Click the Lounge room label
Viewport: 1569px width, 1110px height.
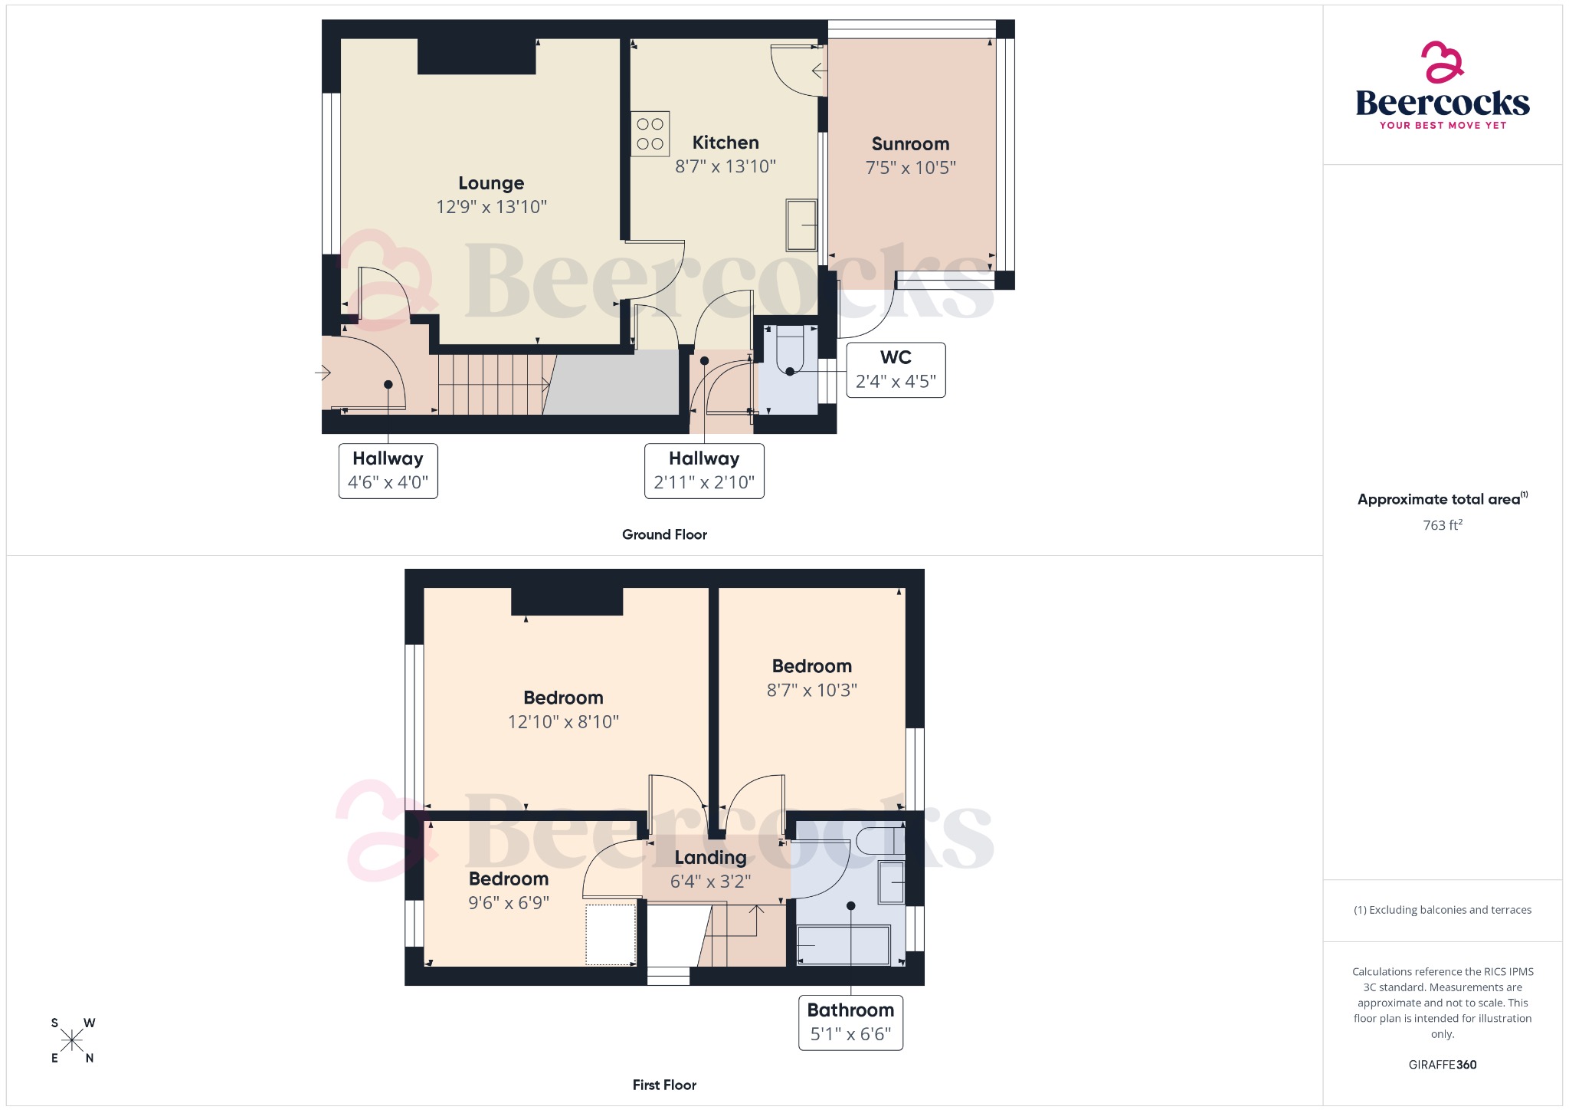(491, 183)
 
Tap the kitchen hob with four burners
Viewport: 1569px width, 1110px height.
(650, 134)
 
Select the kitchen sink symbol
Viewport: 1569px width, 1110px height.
(801, 225)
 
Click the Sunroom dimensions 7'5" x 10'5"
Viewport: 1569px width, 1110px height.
(910, 168)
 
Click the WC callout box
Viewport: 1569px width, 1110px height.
(896, 369)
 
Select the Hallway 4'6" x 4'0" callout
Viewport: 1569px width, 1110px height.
(388, 471)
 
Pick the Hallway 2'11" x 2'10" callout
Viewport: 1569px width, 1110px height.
(703, 471)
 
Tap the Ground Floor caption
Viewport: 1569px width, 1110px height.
(664, 534)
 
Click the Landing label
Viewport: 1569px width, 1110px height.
(710, 858)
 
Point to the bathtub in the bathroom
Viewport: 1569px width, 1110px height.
(843, 945)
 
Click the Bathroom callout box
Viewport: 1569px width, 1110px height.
(850, 1022)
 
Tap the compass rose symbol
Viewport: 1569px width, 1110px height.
(72, 1040)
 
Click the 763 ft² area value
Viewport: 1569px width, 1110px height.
(1442, 525)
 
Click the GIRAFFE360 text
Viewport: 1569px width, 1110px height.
(1442, 1064)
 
